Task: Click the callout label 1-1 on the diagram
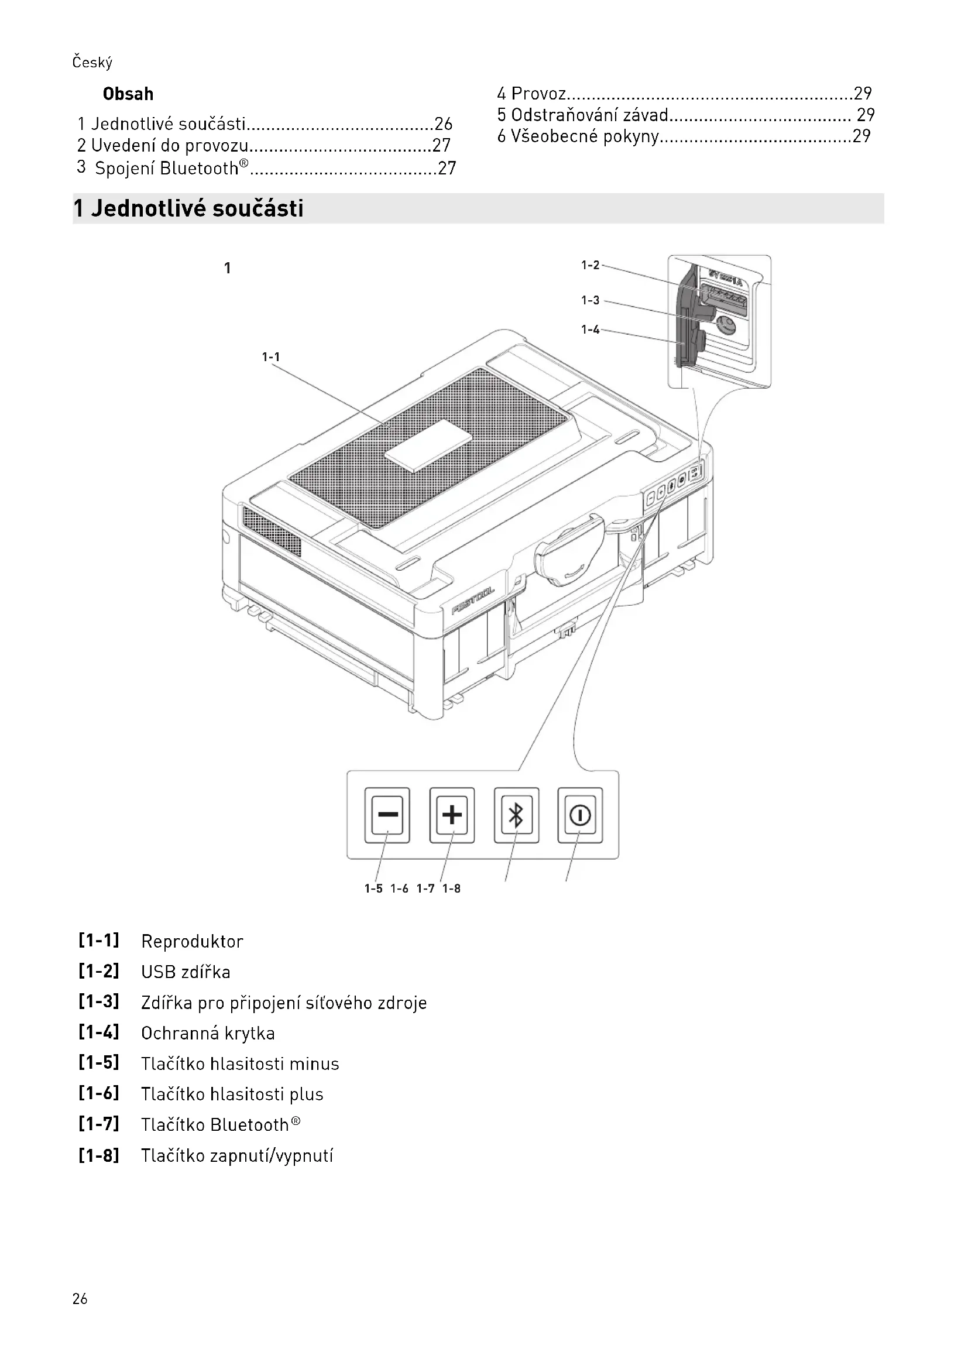tap(270, 357)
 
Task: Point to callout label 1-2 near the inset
tap(590, 265)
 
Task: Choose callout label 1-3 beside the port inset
tap(590, 300)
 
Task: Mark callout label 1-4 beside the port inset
tap(590, 330)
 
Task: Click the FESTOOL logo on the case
tap(473, 601)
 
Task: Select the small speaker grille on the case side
tap(272, 531)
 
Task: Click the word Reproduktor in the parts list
tap(192, 942)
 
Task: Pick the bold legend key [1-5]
tap(99, 1062)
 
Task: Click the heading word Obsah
tap(128, 94)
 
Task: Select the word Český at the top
tap(92, 63)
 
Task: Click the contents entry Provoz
tap(538, 94)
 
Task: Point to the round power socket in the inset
tap(725, 325)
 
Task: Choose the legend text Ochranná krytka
tap(207, 1033)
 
